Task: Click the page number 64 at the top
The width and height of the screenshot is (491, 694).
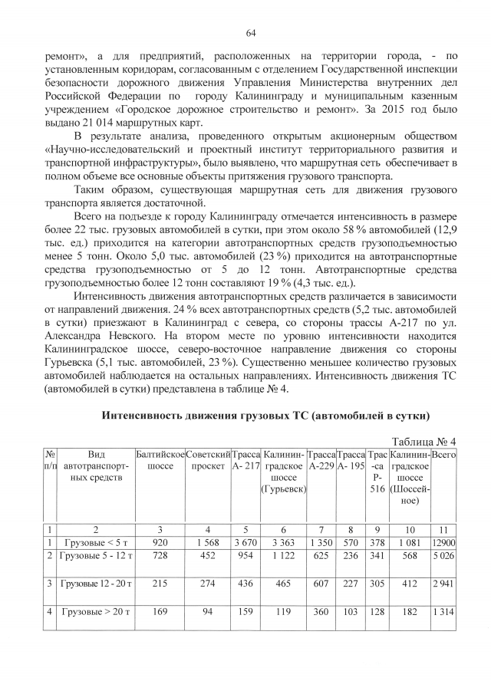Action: (250, 33)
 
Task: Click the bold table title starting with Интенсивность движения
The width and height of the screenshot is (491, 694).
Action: (265, 415)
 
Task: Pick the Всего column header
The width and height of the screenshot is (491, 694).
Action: (444, 455)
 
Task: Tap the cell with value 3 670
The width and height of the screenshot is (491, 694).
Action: (245, 542)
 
